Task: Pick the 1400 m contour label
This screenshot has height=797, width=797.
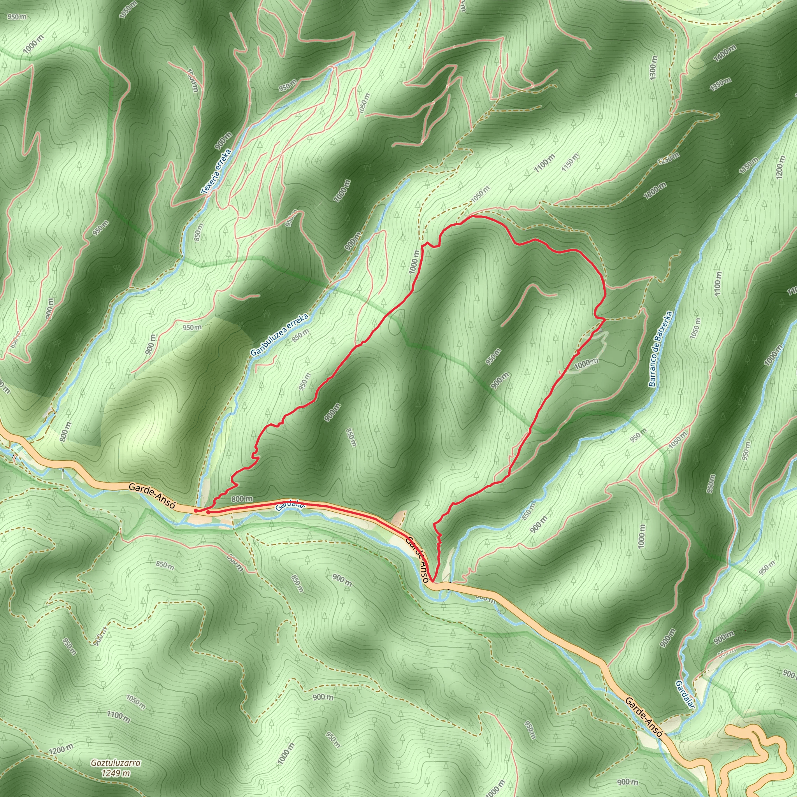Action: click(x=725, y=54)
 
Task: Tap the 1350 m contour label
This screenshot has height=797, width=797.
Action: click(x=720, y=84)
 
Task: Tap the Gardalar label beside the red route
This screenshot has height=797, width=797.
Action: click(x=290, y=506)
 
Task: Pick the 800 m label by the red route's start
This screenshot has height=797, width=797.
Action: click(x=242, y=499)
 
